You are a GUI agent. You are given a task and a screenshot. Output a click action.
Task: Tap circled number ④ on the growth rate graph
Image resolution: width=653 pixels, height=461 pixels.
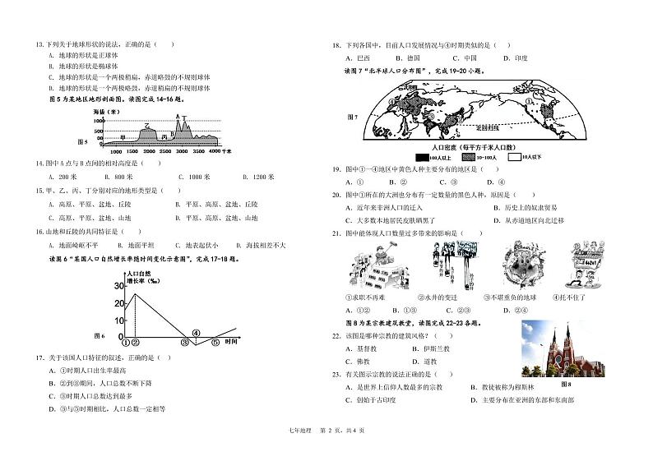click(x=196, y=332)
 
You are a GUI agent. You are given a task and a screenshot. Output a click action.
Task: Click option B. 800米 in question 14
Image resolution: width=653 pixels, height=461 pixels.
click(x=118, y=177)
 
